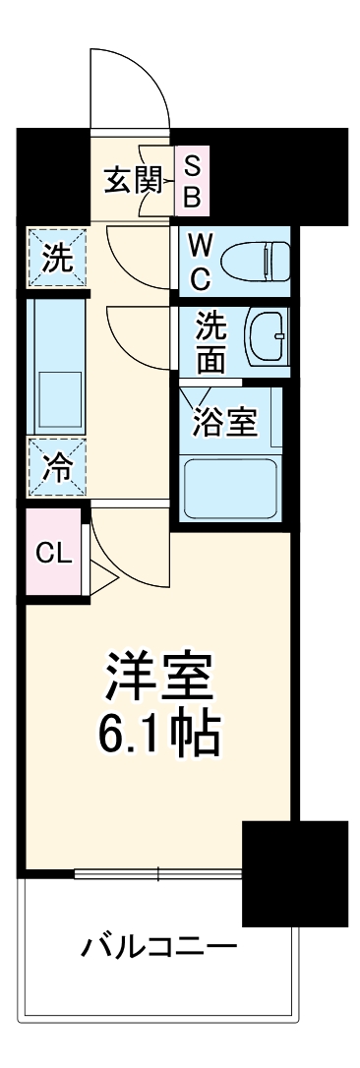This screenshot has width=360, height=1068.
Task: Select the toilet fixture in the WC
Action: pyautogui.click(x=255, y=262)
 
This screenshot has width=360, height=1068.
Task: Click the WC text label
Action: pyautogui.click(x=200, y=262)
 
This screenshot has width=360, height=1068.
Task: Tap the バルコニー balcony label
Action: pyautogui.click(x=159, y=949)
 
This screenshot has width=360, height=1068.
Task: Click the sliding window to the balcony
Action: pyautogui.click(x=157, y=871)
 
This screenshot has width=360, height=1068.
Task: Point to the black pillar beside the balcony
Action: pyautogui.click(x=294, y=872)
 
